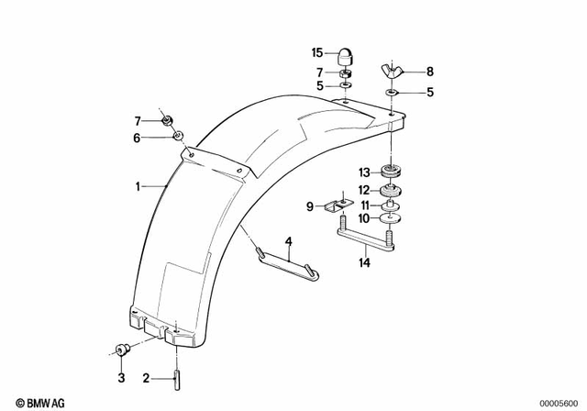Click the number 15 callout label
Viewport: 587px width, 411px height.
pos(318,53)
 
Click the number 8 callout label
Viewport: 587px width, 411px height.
pos(429,71)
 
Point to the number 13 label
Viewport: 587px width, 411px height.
pos(363,172)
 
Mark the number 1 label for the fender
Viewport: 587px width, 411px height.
pos(138,186)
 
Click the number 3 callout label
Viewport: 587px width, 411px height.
pos(120,377)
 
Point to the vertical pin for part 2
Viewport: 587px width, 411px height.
pos(172,376)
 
